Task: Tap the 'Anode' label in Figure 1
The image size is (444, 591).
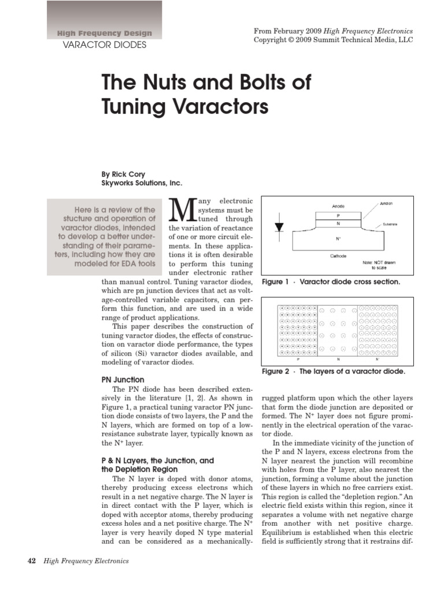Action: (338, 206)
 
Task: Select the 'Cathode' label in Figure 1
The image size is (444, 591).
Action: (338, 256)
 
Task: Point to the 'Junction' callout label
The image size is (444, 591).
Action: (387, 204)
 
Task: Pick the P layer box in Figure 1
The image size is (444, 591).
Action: (339, 215)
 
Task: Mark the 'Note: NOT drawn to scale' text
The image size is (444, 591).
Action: (379, 265)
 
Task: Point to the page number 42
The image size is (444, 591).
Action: (32, 560)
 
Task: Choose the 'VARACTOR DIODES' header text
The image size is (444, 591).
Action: (104, 45)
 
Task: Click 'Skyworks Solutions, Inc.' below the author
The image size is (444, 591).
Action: (142, 183)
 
